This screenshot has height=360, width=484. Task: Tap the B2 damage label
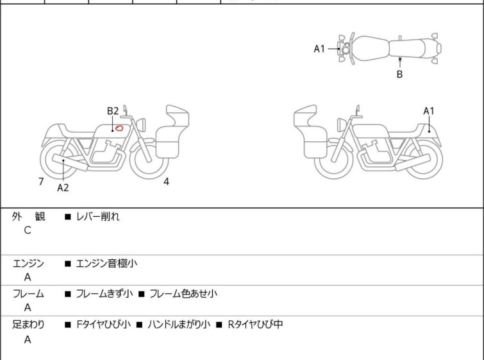(113, 111)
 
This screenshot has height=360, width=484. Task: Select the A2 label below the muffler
(63, 187)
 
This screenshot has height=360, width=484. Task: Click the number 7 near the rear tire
(41, 182)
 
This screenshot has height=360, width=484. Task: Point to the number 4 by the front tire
(166, 182)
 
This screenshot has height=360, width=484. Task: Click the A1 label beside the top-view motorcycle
(319, 49)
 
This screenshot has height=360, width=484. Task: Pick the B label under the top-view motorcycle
(400, 74)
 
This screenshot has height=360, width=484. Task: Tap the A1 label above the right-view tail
(429, 111)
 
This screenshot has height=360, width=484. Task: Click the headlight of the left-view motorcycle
(141, 124)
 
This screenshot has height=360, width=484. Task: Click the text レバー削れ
(98, 217)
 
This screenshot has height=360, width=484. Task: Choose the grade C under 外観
(28, 230)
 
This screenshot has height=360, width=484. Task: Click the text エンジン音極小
(106, 264)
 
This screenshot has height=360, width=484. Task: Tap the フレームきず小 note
(104, 293)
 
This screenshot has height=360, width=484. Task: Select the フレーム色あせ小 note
(183, 293)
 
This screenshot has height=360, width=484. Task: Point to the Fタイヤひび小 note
(103, 325)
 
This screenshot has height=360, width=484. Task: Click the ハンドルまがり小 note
(179, 325)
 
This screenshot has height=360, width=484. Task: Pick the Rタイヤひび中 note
(255, 325)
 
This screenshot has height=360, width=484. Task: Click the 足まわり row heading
(28, 325)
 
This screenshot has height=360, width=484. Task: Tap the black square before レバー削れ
(68, 217)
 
